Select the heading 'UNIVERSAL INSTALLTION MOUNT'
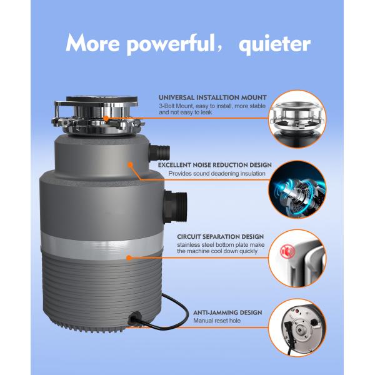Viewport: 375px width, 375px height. pos(212,98)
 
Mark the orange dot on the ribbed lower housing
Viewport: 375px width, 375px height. pos(129,257)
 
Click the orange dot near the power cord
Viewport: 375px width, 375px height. pos(132,318)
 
